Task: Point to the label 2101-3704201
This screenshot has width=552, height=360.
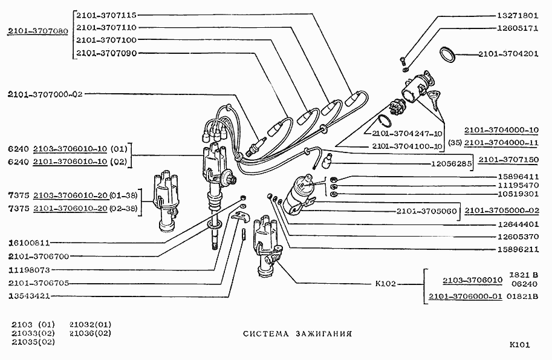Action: click(508, 53)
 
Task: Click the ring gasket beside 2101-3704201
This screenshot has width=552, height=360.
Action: click(447, 54)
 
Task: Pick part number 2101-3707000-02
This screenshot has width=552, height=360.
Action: click(45, 94)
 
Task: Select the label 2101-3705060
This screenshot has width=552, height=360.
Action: click(427, 211)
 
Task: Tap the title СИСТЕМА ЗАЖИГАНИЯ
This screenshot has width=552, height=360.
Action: click(297, 333)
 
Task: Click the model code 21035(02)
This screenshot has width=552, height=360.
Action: click(33, 342)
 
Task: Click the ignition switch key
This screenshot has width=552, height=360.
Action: click(436, 97)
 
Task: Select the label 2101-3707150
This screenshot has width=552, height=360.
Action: click(508, 160)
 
